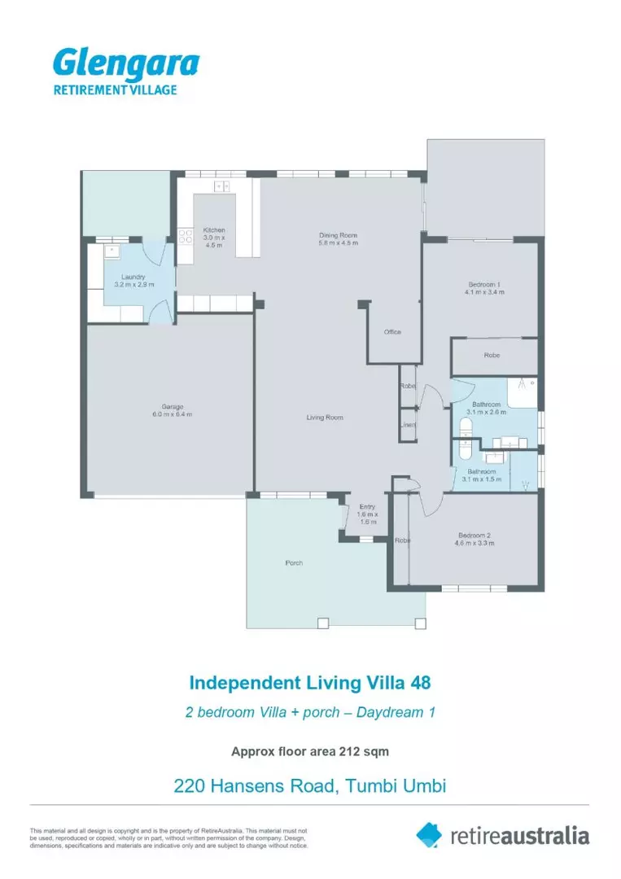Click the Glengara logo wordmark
(x=125, y=63)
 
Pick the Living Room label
(x=324, y=418)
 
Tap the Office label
(x=392, y=332)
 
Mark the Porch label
(x=294, y=562)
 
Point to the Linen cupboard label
(x=407, y=425)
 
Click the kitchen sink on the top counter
(x=221, y=186)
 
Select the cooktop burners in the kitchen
(x=184, y=237)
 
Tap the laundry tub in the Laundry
(x=112, y=251)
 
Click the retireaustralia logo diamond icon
(x=429, y=834)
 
